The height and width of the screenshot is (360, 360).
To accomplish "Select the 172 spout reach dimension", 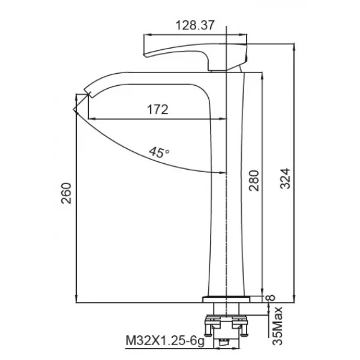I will point(157,109).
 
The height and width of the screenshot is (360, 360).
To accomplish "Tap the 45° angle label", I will point(159,152).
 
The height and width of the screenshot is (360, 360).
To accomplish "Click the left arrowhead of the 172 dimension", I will point(91,118).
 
